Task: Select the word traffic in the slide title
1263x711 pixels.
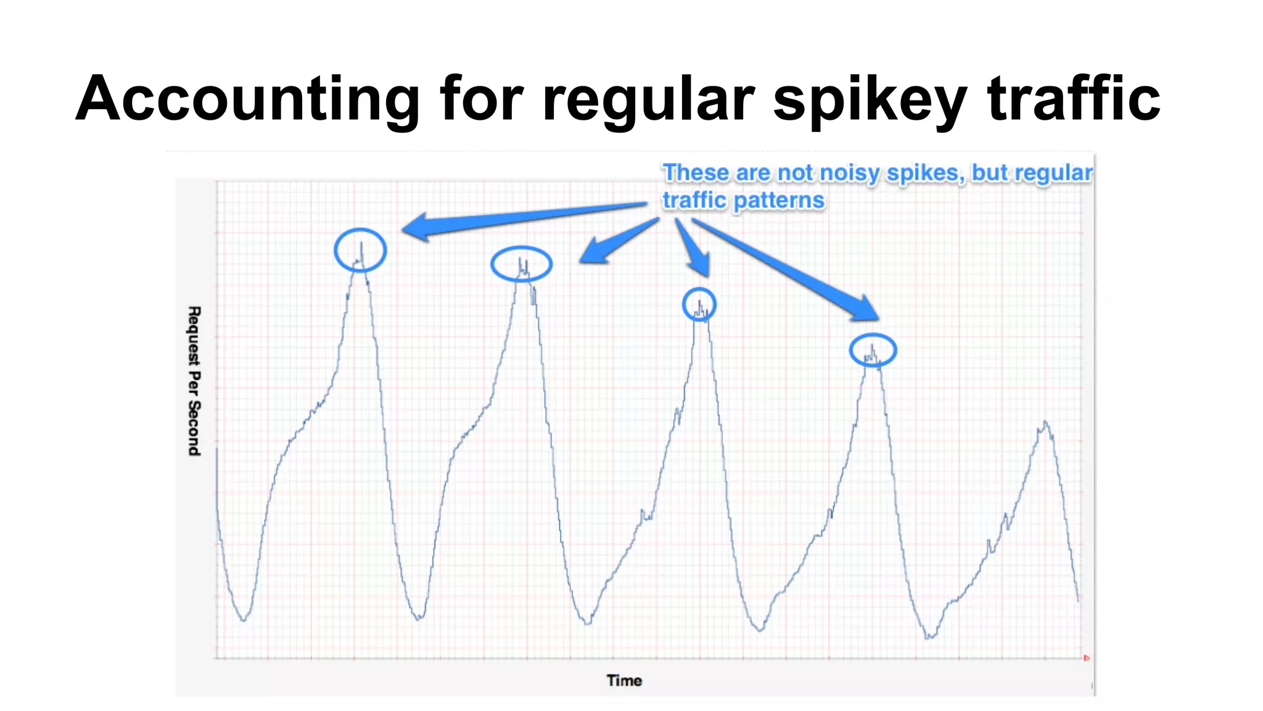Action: [x=1074, y=99]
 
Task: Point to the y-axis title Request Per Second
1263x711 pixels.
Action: [x=194, y=381]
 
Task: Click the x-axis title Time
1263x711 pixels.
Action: [x=624, y=680]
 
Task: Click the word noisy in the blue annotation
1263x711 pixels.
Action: [x=850, y=173]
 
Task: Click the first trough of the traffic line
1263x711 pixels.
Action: [x=244, y=620]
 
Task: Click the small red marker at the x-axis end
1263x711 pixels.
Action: [x=1086, y=658]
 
